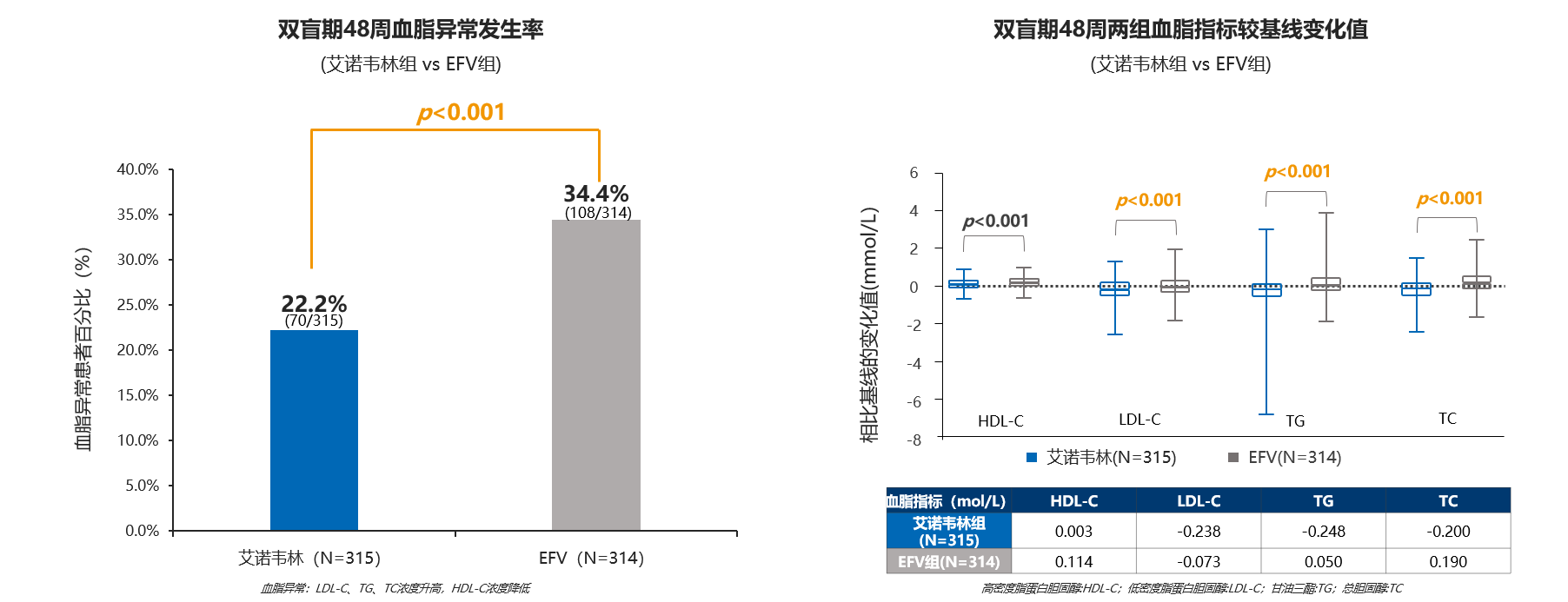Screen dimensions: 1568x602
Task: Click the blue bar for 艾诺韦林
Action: click(x=314, y=430)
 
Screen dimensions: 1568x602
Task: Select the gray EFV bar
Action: click(x=596, y=375)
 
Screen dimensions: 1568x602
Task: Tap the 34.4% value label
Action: click(x=596, y=193)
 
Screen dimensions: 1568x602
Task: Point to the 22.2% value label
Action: click(x=314, y=303)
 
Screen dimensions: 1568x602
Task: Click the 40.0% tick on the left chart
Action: click(x=138, y=169)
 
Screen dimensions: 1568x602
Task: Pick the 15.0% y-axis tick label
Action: click(x=138, y=395)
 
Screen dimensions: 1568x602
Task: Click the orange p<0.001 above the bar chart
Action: click(x=462, y=112)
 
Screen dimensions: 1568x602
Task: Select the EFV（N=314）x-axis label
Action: click(x=592, y=558)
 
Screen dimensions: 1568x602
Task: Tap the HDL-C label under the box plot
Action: click(x=1000, y=421)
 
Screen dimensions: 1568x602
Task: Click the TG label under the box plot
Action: click(x=1295, y=421)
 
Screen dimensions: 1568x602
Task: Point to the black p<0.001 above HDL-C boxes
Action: click(x=995, y=221)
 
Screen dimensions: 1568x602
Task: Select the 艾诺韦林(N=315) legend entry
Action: click(x=1101, y=457)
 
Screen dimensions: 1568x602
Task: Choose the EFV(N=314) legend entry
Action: click(x=1285, y=457)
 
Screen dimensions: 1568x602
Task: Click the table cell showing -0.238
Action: click(x=1199, y=532)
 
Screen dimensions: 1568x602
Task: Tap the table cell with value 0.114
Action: click(x=1074, y=562)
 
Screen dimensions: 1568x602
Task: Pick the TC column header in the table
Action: click(x=1448, y=501)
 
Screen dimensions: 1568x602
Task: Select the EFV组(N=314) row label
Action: click(x=949, y=562)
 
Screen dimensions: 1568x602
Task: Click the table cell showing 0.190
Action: click(x=1448, y=562)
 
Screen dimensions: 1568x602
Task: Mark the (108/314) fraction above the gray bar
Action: click(x=598, y=213)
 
